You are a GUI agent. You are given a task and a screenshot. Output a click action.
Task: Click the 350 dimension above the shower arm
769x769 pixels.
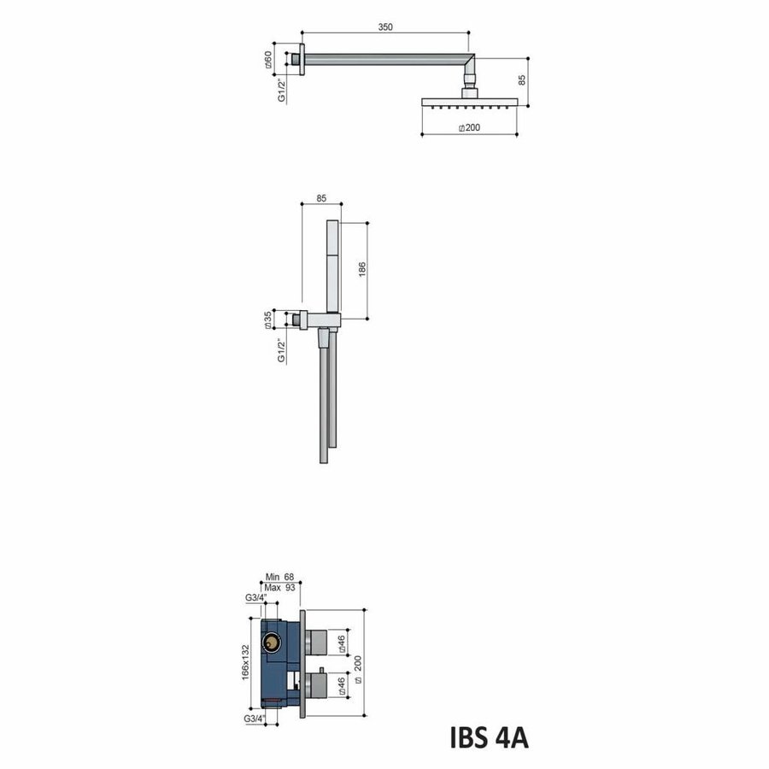[x=384, y=27]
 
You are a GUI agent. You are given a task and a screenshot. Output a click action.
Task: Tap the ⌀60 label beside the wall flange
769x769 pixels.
[x=267, y=59]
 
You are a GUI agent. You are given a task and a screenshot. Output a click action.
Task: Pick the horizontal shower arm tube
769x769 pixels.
[x=384, y=59]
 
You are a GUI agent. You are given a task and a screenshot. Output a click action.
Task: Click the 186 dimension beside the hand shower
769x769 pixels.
[x=362, y=269]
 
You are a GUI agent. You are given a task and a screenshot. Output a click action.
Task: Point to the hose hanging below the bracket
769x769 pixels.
[x=324, y=402]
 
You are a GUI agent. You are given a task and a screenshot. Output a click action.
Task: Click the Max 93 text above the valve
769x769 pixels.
[x=279, y=589]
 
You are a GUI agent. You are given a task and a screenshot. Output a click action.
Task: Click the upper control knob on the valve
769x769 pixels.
[x=320, y=637]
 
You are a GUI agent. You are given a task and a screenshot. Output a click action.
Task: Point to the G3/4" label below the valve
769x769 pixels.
[x=253, y=719]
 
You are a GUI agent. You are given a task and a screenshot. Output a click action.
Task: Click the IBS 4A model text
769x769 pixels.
[x=488, y=736]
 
